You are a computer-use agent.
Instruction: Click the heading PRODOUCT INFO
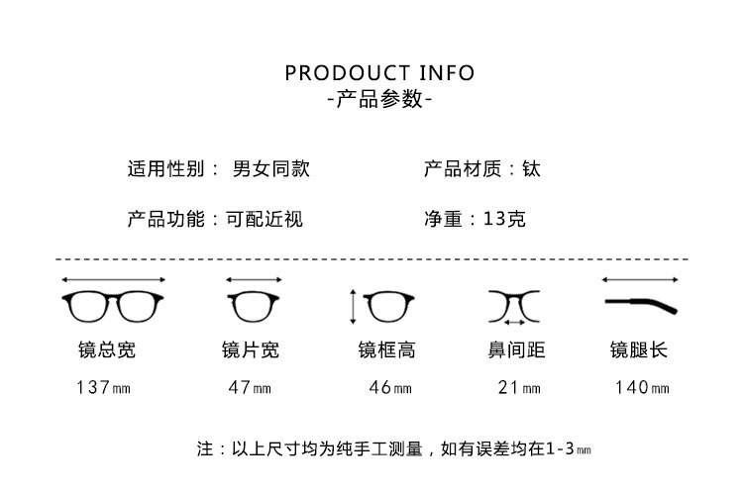(379, 73)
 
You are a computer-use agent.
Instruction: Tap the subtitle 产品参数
(379, 99)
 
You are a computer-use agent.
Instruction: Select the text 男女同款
(271, 168)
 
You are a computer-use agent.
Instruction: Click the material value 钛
(531, 168)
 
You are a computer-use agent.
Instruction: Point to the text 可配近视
(264, 219)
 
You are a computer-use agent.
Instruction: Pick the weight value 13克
(504, 219)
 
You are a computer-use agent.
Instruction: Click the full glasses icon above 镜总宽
(113, 306)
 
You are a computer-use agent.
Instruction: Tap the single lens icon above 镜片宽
(254, 306)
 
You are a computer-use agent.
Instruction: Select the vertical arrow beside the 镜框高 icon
(353, 307)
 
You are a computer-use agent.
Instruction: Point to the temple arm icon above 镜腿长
(641, 305)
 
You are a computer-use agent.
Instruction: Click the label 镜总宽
(107, 350)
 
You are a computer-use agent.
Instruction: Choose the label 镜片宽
(251, 350)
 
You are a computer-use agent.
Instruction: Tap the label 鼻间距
(516, 350)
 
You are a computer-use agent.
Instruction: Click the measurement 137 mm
(103, 387)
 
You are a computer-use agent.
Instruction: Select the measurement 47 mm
(250, 387)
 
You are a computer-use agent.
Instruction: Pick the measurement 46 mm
(390, 387)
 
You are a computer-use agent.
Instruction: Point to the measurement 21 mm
(519, 387)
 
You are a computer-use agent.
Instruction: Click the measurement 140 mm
(642, 387)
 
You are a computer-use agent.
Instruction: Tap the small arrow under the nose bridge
(514, 323)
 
